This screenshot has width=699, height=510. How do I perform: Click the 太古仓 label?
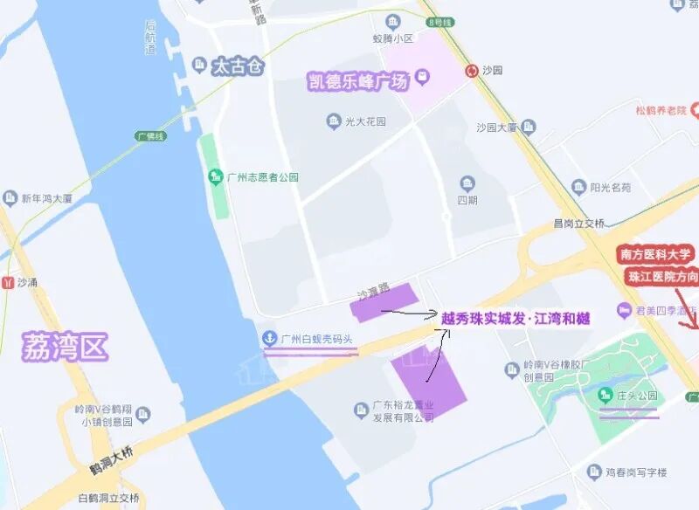pos(238,66)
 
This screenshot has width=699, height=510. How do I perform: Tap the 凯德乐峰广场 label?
pos(358,82)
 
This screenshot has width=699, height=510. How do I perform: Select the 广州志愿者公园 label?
pos(262,177)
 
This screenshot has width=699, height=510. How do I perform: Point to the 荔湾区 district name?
pos(65,348)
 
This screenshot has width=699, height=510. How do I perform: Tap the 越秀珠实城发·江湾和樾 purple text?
pos(516,319)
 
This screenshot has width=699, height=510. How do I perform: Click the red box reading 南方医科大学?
pos(656,255)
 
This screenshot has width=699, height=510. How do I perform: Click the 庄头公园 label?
pos(637,396)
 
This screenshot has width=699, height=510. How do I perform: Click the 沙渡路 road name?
pos(371,291)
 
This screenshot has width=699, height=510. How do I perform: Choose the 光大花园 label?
pos(368,121)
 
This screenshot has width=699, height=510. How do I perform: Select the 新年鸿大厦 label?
pos(52,198)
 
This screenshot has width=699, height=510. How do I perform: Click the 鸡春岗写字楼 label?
pos(636,472)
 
